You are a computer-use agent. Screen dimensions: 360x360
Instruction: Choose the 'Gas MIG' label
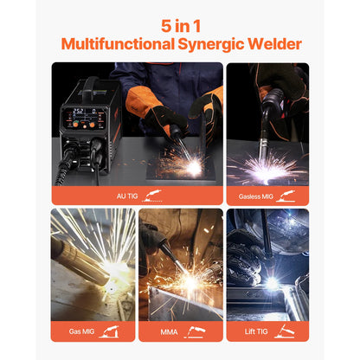(x=85, y=330)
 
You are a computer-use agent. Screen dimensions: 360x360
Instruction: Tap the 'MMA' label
(x=170, y=330)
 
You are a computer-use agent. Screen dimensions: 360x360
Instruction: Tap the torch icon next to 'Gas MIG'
(x=110, y=330)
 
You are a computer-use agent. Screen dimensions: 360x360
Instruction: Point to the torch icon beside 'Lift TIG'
(x=282, y=330)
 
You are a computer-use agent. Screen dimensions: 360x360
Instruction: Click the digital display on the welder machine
(x=80, y=112)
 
